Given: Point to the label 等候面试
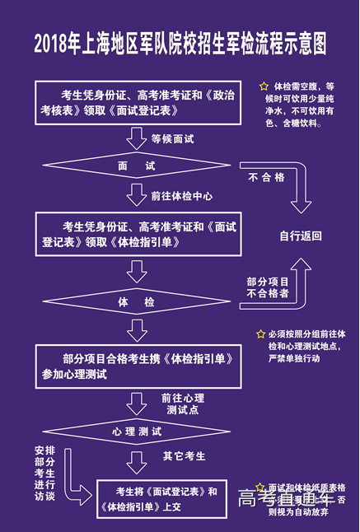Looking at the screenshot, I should [x=172, y=138].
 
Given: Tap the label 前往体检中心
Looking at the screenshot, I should [x=181, y=197].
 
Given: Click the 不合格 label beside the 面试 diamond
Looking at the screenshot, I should [x=266, y=177].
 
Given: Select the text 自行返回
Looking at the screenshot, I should [x=300, y=236].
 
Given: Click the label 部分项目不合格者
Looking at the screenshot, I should [x=268, y=287].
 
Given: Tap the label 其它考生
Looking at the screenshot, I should [x=184, y=455].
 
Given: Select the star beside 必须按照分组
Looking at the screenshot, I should [x=260, y=334].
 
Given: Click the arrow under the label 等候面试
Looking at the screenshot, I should [x=135, y=138].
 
